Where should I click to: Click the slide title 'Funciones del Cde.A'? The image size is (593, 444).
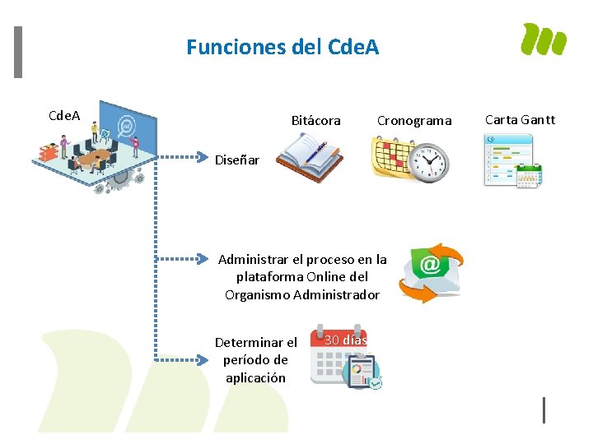coord(282,48)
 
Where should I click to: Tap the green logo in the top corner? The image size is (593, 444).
coord(544,39)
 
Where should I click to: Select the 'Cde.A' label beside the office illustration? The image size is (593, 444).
coord(64,115)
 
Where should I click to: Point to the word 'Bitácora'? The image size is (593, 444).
coord(315,121)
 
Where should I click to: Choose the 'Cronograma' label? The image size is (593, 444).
coord(414,121)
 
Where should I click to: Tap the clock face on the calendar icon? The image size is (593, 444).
coord(431,163)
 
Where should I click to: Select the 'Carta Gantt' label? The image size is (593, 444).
coord(520,120)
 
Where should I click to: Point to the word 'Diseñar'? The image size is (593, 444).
coord(236,160)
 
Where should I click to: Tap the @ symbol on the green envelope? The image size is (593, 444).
coord(429,264)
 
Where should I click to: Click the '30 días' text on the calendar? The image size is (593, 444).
coord(345,340)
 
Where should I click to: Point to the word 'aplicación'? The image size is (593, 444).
coord(255,378)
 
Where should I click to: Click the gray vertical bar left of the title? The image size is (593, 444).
coord(18,53)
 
